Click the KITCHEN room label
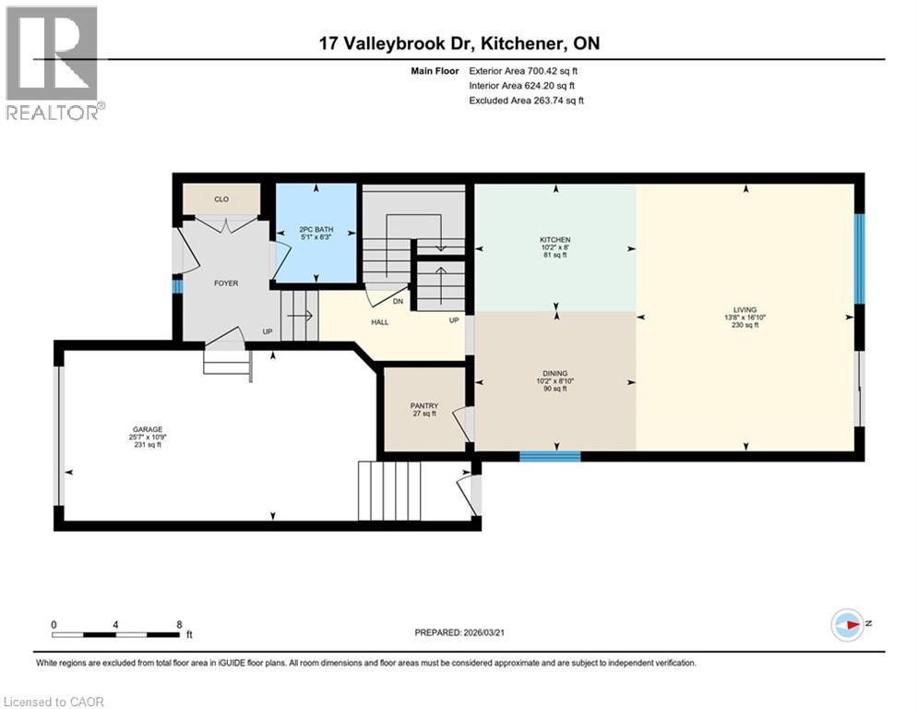coord(555,240)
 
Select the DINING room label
coord(555,373)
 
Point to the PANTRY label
coord(424,406)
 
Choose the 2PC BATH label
coord(316,230)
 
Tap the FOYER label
coord(226,283)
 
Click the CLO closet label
coord(221,198)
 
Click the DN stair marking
coord(399,301)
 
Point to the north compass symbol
coord(847,624)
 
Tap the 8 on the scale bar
coord(178,625)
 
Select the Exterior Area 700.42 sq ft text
coord(523,70)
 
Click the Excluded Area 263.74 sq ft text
coord(526,101)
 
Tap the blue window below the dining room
coord(550,455)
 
